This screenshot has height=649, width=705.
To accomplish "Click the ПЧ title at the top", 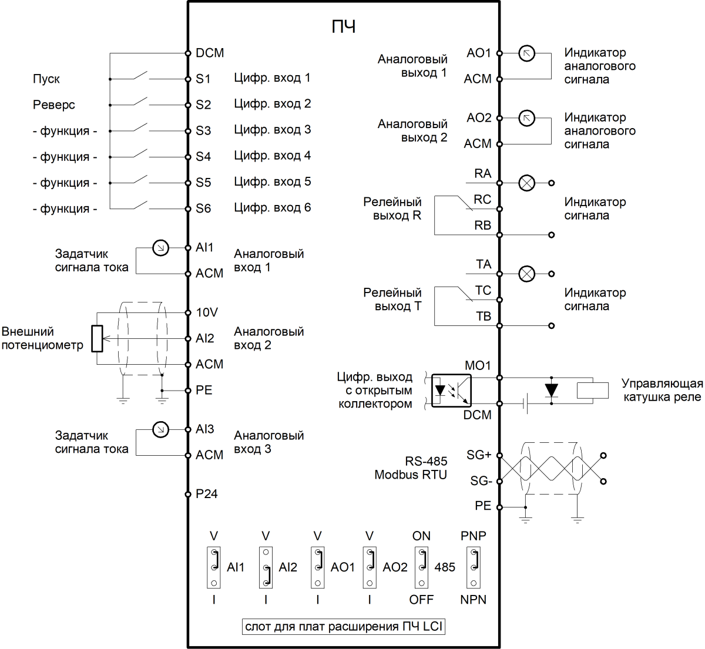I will tap(344, 27).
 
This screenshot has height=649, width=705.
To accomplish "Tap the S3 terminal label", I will tap(203, 130).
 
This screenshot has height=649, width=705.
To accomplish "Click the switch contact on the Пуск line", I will tap(140, 76).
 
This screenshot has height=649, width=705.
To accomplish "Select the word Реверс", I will tap(54, 105).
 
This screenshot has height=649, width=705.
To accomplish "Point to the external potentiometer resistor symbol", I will tap(97, 339).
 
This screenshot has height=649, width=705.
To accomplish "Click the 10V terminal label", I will tap(207, 312).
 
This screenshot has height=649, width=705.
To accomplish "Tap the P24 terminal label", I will tap(207, 494).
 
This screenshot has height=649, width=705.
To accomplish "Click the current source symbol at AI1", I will tap(160, 248).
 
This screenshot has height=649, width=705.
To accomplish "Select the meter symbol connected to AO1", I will tap(527, 53).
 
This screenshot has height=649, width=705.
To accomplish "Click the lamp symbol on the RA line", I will tap(527, 183).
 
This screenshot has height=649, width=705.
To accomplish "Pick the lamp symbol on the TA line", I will tap(527, 274).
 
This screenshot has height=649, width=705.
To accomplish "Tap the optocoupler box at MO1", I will tap(451, 391).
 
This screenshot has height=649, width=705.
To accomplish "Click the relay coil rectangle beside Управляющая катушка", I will tap(592, 391).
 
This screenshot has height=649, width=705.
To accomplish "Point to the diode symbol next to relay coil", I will tap(550, 391).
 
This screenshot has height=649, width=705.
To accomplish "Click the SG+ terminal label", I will tap(479, 455).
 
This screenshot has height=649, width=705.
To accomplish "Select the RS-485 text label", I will tap(426, 461).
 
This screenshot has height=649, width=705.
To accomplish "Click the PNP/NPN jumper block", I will tap(474, 567).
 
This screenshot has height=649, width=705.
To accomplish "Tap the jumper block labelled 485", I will tap(422, 567).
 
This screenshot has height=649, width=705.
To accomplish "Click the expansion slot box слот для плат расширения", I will tap(344, 627).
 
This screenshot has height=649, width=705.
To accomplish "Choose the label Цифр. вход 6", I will tap(272, 207).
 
